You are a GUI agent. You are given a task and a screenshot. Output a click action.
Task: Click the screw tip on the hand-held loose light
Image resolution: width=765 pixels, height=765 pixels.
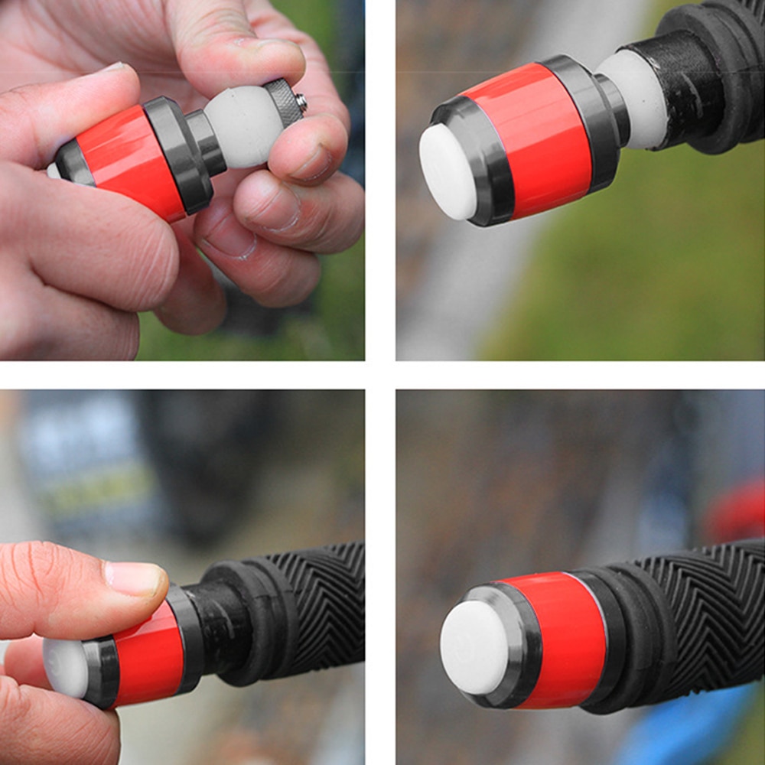click(302, 101)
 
